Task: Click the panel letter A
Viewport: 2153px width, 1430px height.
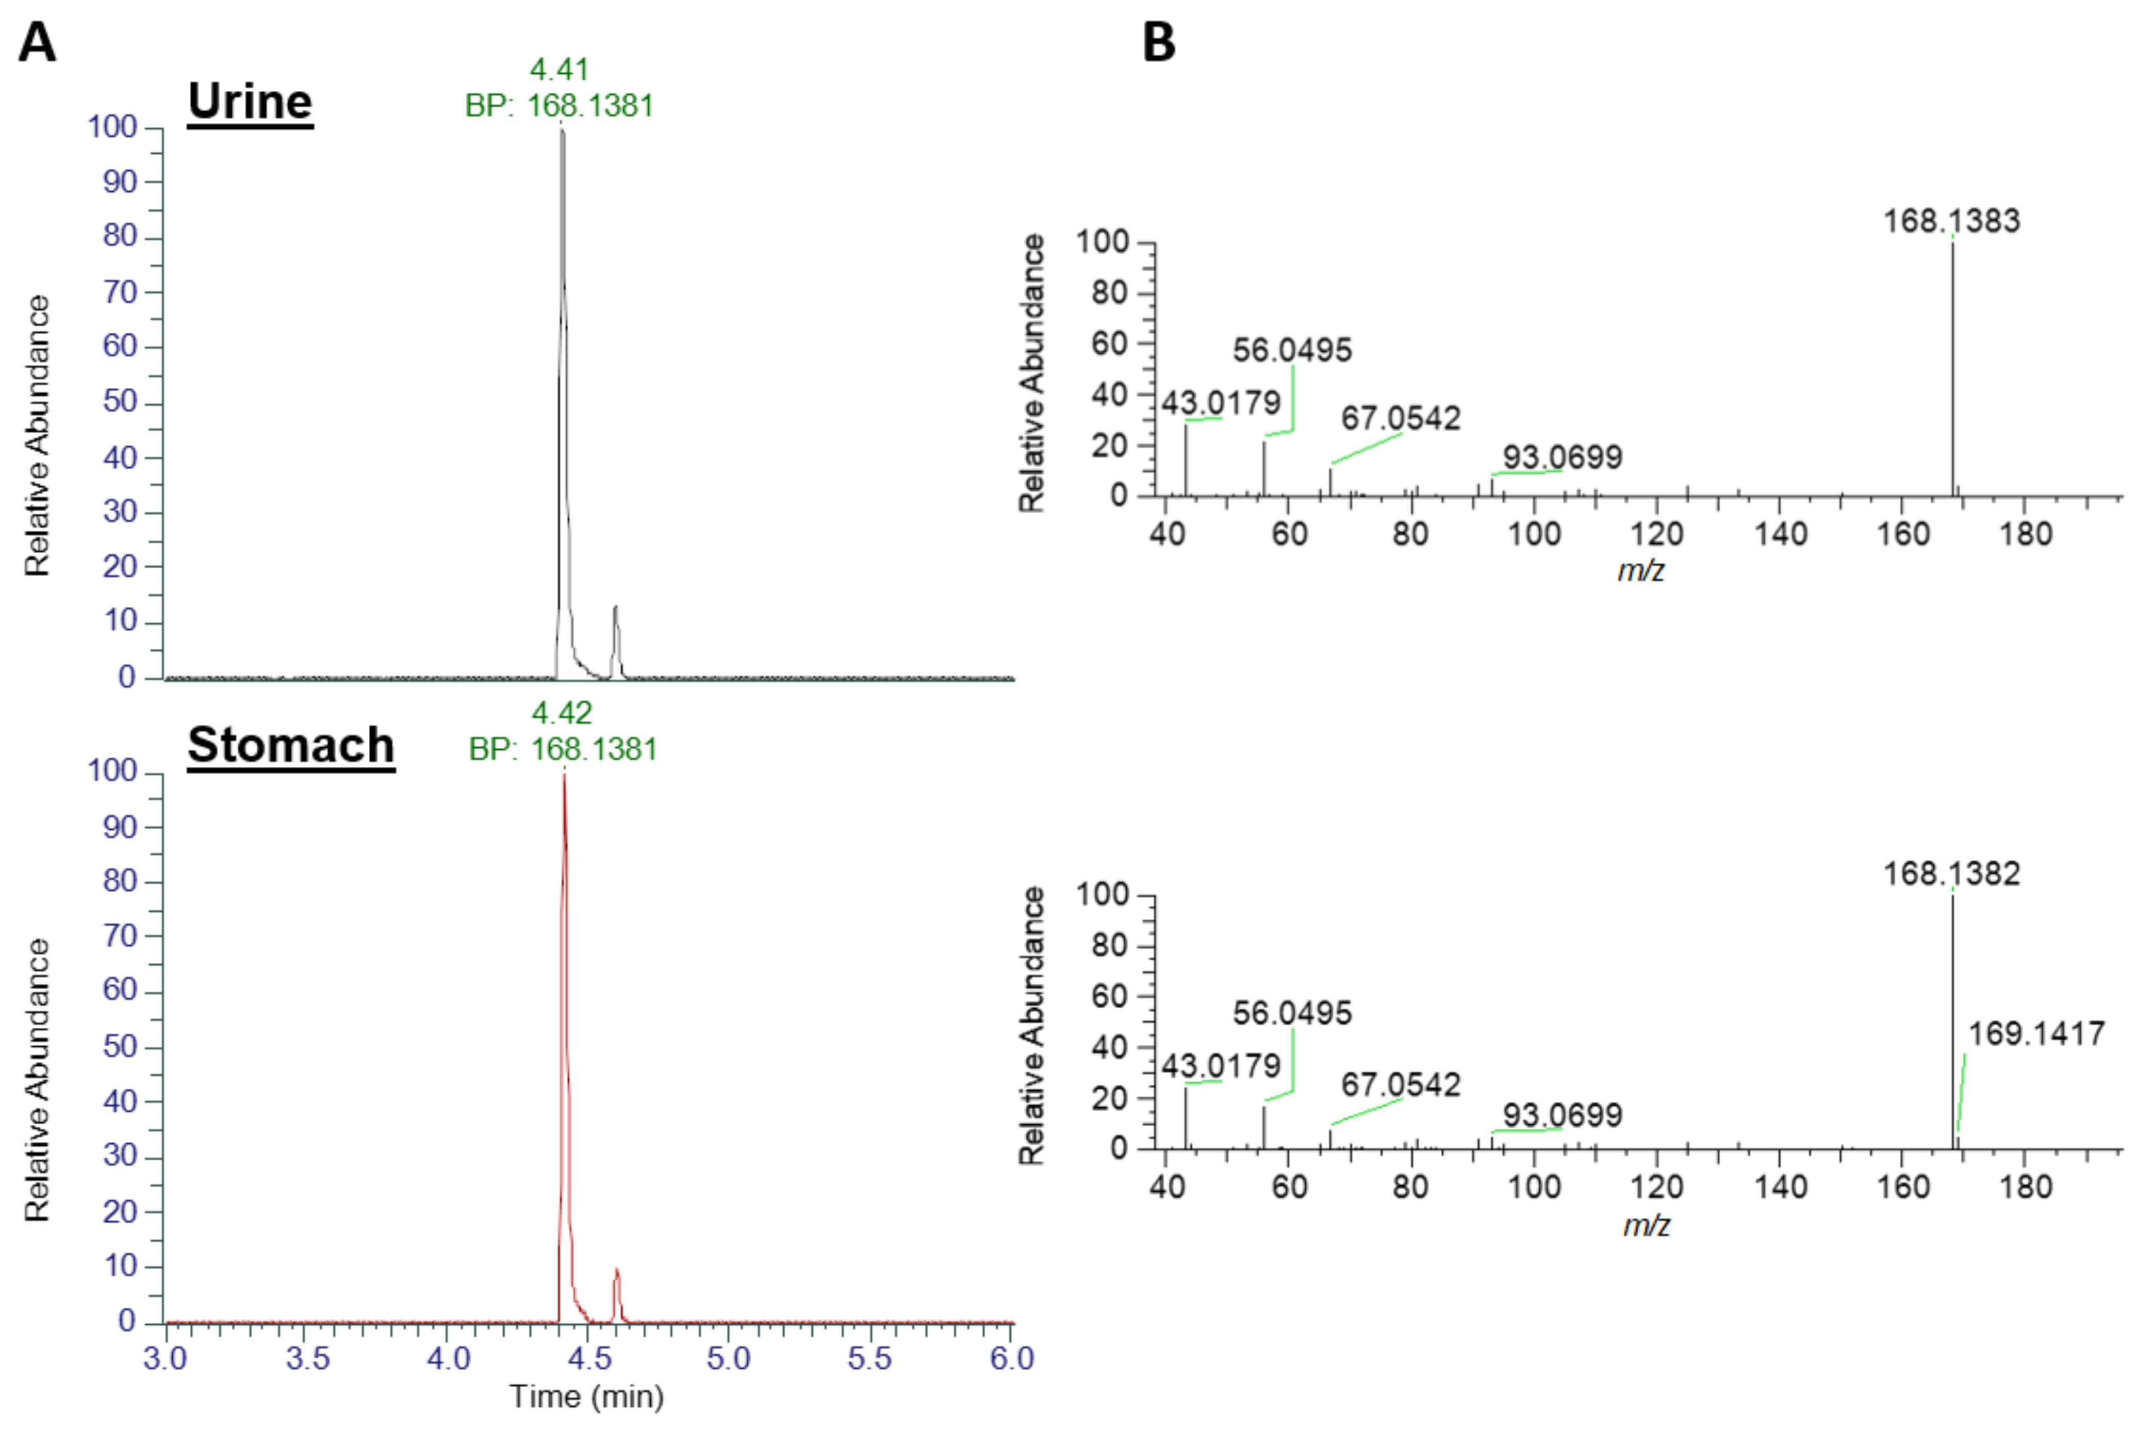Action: pyautogui.click(x=38, y=43)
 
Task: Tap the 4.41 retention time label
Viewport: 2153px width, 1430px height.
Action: pyautogui.click(x=560, y=69)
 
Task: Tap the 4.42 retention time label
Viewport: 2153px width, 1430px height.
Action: pyautogui.click(x=562, y=712)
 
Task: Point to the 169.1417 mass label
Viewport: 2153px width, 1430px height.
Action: pyautogui.click(x=2035, y=1033)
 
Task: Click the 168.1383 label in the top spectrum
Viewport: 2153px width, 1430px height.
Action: pyautogui.click(x=1951, y=221)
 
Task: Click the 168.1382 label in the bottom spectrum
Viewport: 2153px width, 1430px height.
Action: pyautogui.click(x=1951, y=874)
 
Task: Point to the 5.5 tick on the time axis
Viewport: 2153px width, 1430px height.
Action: pyautogui.click(x=869, y=1359)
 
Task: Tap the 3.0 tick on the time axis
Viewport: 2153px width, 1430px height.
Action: pyautogui.click(x=166, y=1359)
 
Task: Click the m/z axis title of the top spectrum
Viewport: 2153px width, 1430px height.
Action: pyautogui.click(x=1641, y=571)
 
